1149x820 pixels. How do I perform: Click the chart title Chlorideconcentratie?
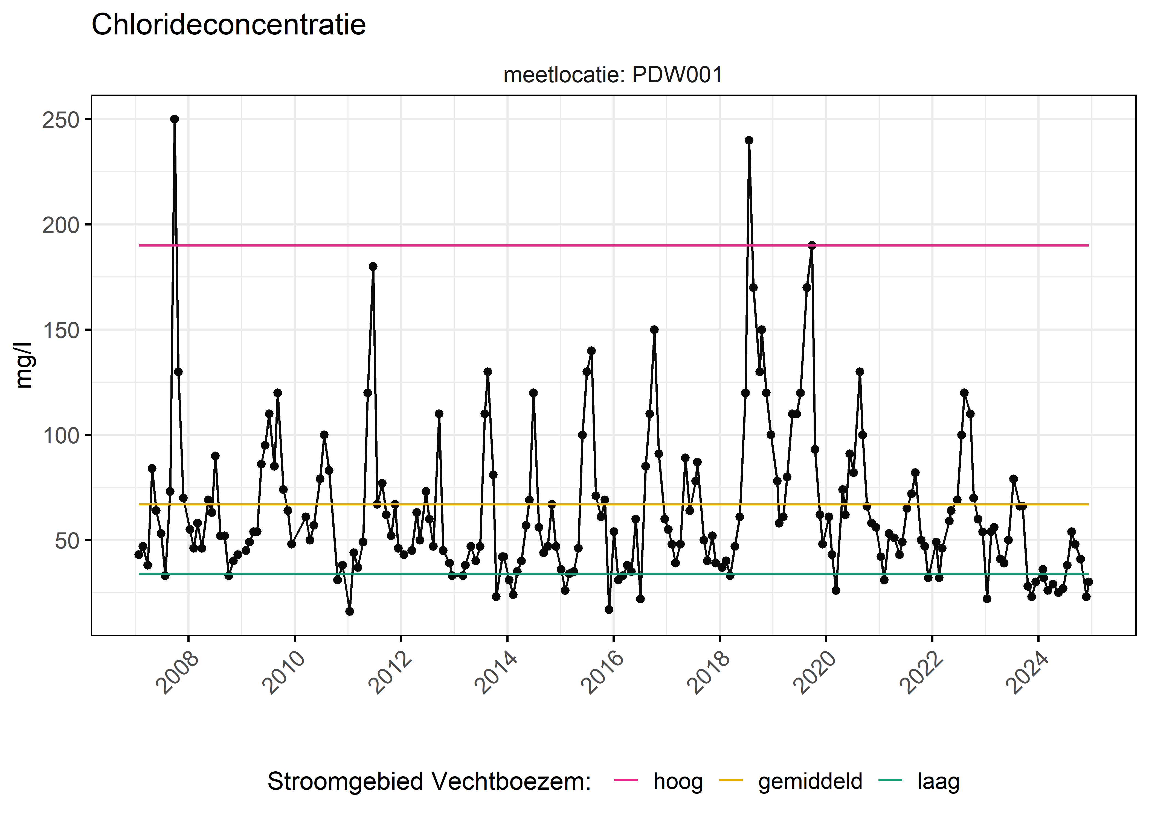pos(228,25)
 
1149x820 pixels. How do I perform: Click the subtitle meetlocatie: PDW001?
pos(613,75)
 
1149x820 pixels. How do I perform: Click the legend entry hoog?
pos(678,781)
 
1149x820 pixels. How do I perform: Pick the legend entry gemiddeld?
pos(810,781)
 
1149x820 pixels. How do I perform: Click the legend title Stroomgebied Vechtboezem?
pos(429,781)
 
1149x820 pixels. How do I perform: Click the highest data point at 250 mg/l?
pos(174,119)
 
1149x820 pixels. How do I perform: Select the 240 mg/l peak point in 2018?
pos(749,140)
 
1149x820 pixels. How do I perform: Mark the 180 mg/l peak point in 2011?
pos(373,266)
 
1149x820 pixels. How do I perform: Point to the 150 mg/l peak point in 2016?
pos(654,330)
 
